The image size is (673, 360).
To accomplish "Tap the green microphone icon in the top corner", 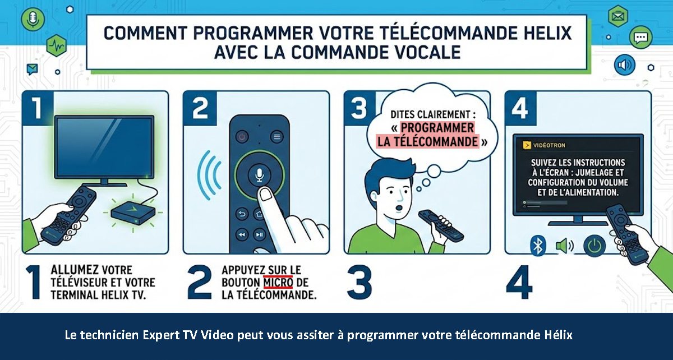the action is [33, 20].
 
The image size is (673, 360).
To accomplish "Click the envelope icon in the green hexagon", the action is [617, 16].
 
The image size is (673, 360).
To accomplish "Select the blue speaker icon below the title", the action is [625, 65].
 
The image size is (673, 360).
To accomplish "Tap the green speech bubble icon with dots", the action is [640, 38].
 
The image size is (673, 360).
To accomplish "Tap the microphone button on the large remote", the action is [259, 174].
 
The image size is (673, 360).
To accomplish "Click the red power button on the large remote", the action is [242, 137].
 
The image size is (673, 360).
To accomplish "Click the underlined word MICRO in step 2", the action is [278, 283].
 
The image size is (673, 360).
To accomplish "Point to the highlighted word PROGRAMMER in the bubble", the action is [437, 128].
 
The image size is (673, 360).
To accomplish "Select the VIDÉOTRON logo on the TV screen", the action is [544, 145].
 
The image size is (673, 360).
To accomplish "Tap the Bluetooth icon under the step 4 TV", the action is [538, 246].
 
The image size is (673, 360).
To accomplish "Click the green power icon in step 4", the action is [594, 246].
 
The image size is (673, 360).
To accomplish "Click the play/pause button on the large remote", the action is [259, 234].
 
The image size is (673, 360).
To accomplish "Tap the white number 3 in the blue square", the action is [359, 108].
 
